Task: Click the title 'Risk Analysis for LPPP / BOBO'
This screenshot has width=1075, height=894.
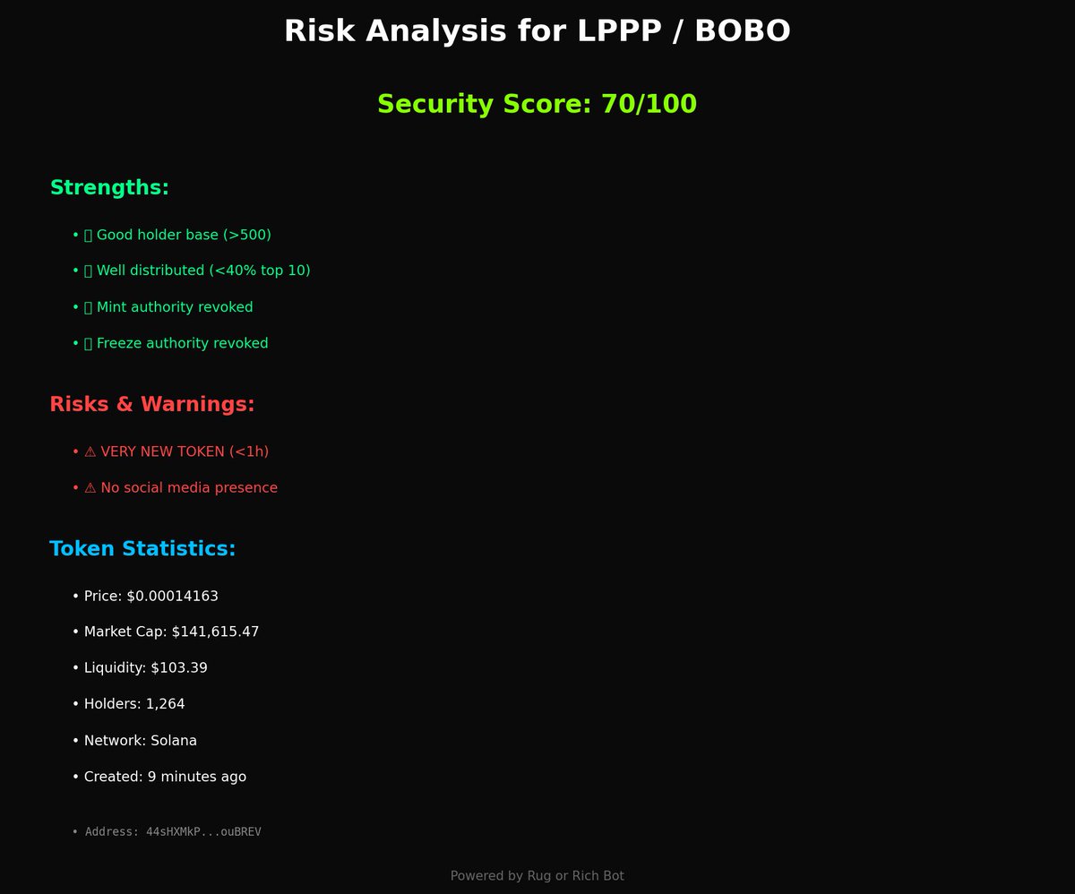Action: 537,31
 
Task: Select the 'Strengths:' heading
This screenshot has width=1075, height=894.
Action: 109,188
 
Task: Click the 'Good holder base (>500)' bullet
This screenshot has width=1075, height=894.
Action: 183,235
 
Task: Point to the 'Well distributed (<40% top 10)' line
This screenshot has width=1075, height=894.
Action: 202,271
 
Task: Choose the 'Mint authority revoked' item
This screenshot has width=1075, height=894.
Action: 174,307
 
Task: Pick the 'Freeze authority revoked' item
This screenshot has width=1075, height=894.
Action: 182,343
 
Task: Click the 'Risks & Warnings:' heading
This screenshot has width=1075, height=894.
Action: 152,405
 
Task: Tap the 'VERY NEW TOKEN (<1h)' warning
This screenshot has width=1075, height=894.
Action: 184,451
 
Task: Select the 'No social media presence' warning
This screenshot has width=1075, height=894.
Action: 188,488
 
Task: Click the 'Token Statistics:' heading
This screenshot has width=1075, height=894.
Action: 142,549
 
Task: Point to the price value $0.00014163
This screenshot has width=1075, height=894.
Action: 172,596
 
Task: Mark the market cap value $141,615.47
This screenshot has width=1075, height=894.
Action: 215,632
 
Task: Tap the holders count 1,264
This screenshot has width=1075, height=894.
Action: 165,704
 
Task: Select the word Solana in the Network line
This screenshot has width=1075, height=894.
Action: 174,741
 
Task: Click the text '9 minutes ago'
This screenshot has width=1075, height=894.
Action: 194,777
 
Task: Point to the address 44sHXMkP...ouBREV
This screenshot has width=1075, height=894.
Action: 203,832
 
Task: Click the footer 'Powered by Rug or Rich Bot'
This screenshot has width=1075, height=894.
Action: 537,875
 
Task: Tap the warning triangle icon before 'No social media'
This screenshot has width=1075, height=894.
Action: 90,488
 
